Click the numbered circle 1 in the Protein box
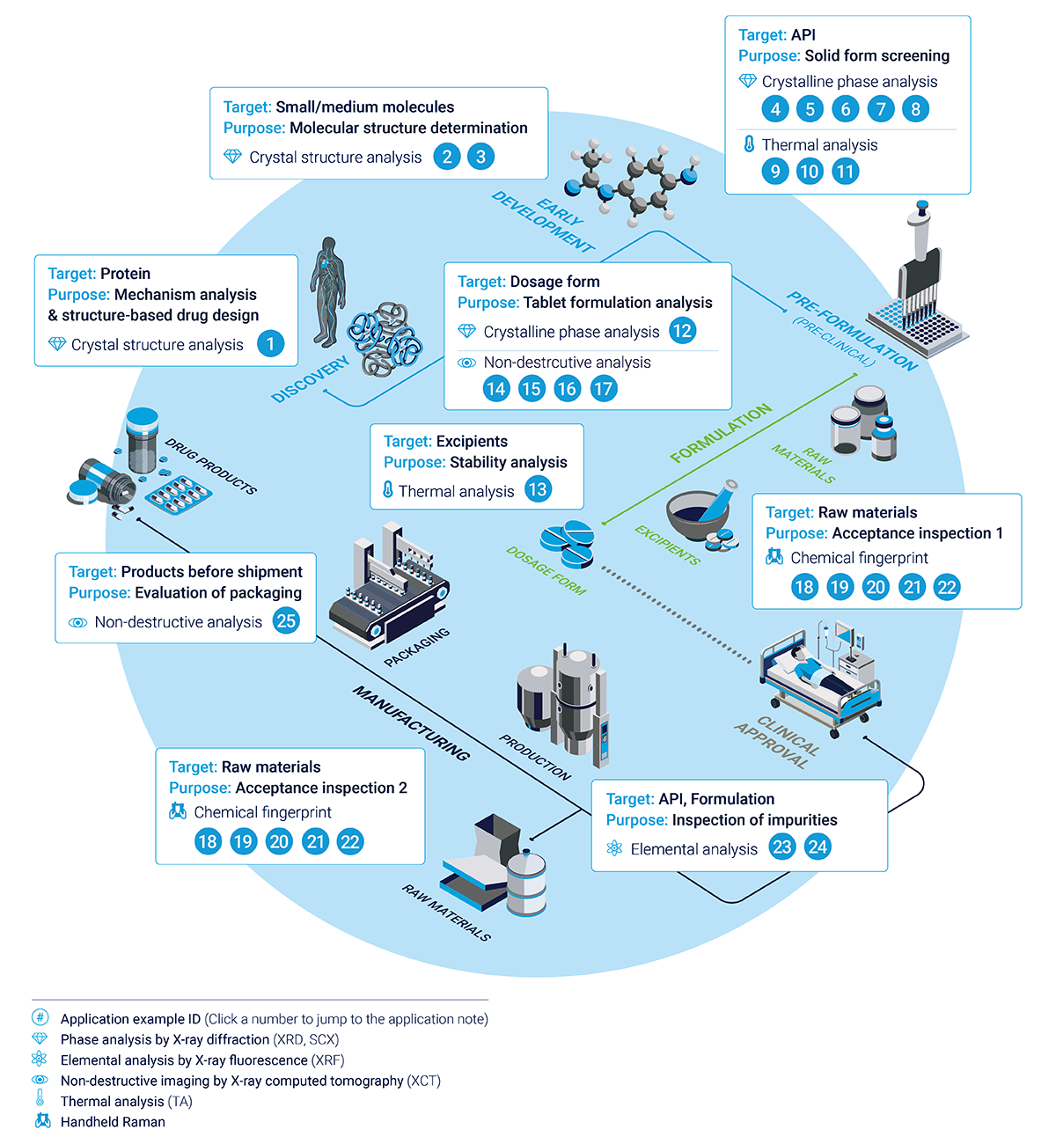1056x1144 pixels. (x=270, y=343)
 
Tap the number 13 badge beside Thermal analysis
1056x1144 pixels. (x=538, y=489)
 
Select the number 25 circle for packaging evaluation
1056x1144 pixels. (x=286, y=620)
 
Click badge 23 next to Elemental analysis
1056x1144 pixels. (x=781, y=847)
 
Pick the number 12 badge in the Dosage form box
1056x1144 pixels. (x=682, y=331)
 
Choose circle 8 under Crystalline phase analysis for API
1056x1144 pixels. (x=915, y=109)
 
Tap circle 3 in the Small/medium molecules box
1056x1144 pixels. (x=480, y=157)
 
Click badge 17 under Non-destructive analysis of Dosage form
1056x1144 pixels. (x=603, y=389)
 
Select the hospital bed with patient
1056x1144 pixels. (x=818, y=678)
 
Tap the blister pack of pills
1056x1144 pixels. (x=179, y=495)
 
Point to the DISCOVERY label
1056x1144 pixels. (x=310, y=379)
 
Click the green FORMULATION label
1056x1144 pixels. (x=721, y=433)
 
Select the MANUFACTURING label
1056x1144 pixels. (x=411, y=723)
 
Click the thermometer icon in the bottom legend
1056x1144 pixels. (x=40, y=1099)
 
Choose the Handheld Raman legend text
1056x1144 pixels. (x=113, y=1122)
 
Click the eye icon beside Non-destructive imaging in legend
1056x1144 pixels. (x=40, y=1080)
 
